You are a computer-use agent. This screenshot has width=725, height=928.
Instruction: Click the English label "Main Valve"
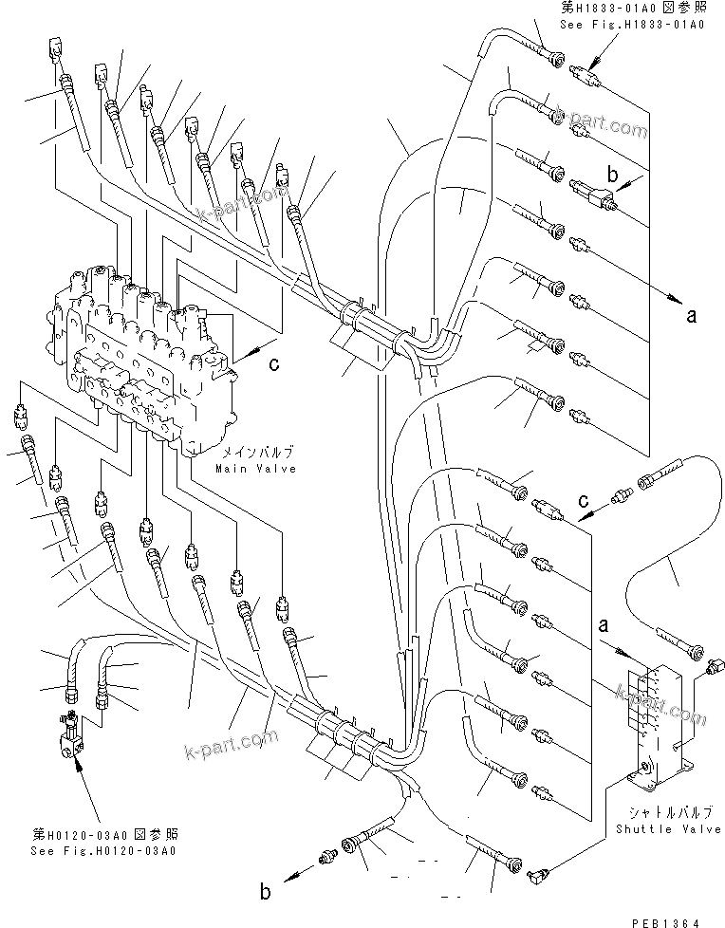[255, 469]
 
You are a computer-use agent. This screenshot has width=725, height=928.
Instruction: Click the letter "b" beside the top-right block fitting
[612, 175]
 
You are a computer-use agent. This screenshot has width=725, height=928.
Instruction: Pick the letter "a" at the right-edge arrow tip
[692, 316]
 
